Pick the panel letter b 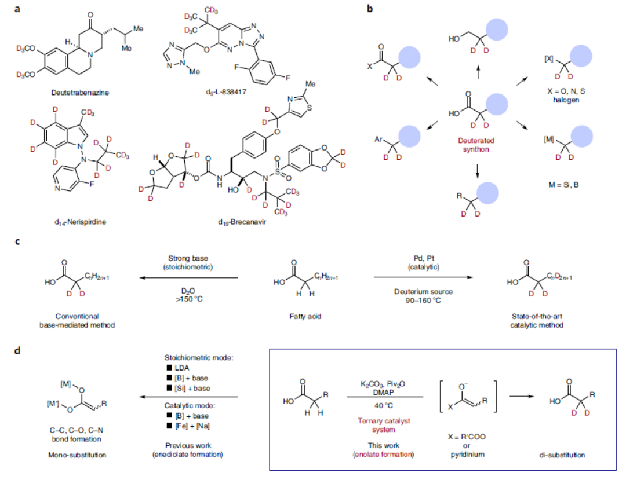(x=370, y=9)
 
